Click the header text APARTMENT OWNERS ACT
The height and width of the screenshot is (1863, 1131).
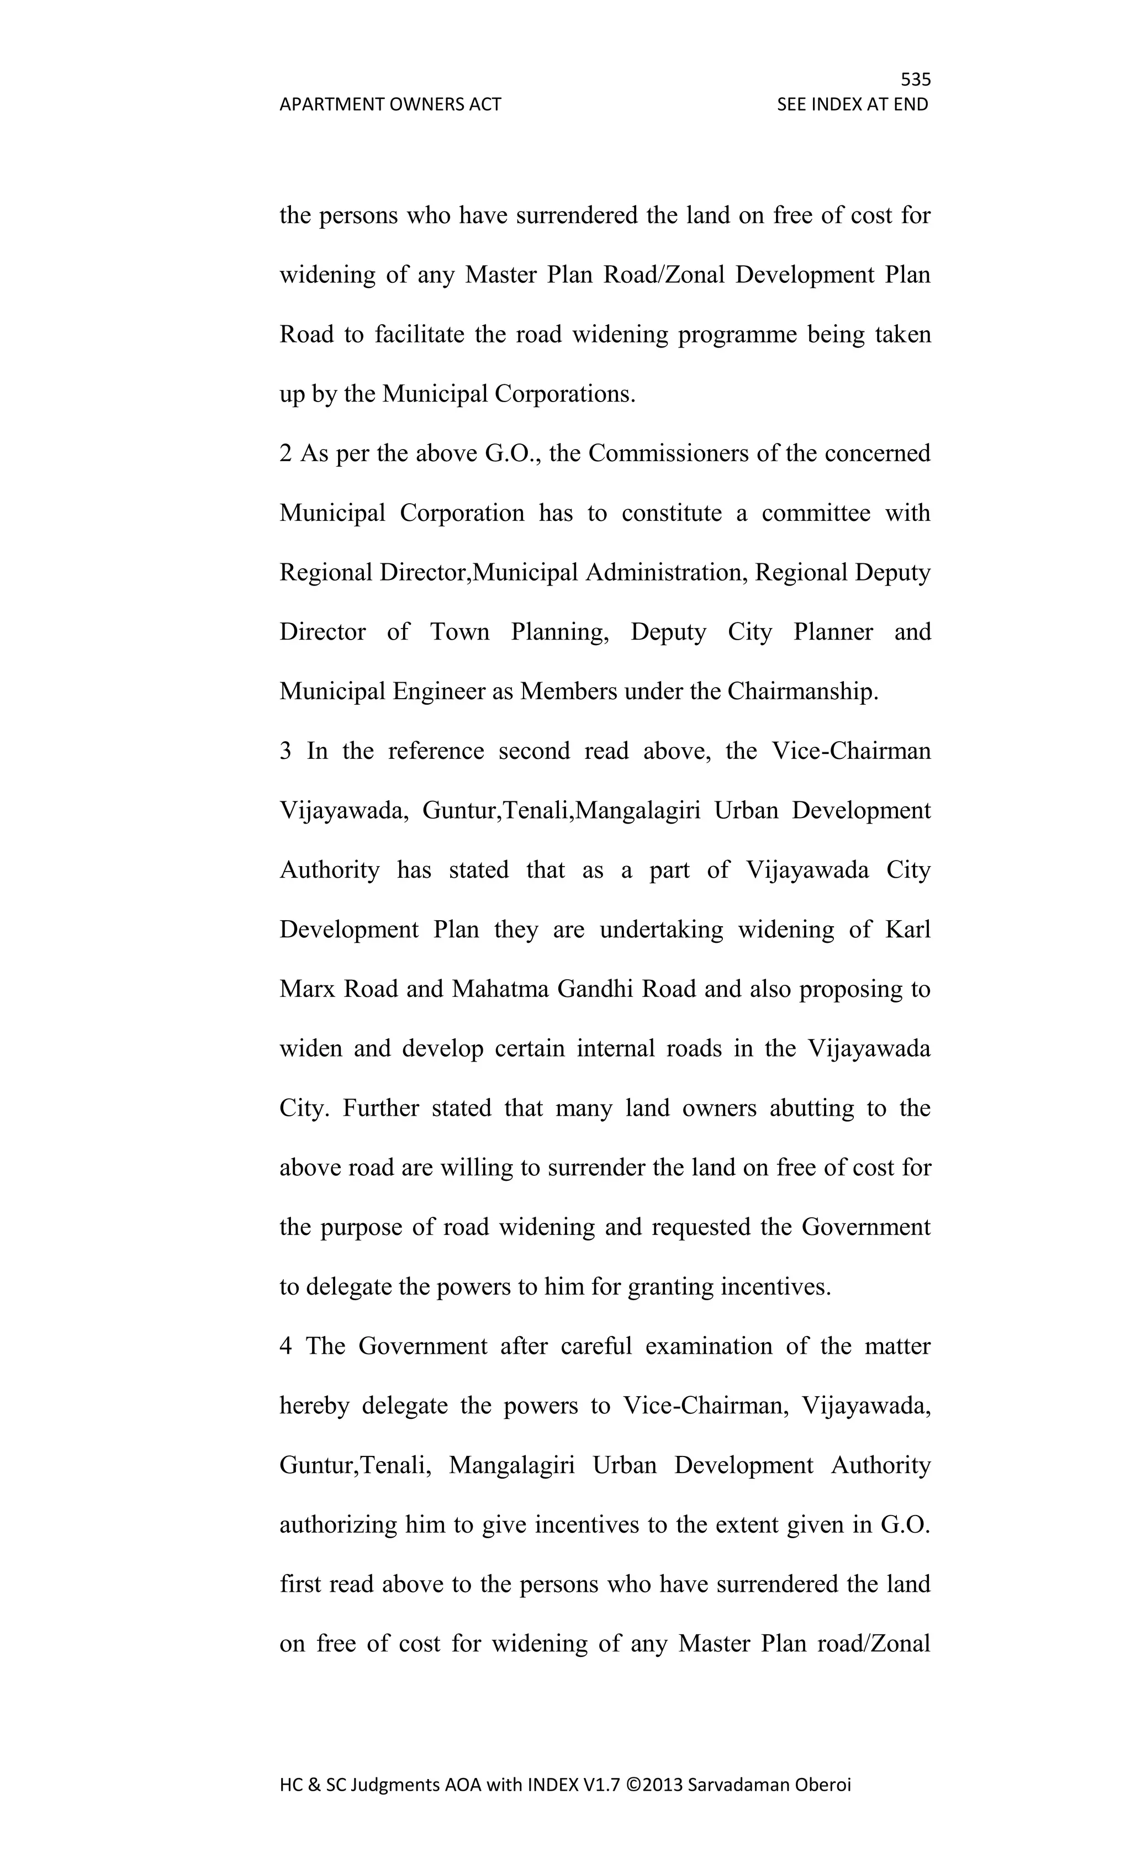click(390, 104)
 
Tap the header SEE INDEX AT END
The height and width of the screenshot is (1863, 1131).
click(852, 104)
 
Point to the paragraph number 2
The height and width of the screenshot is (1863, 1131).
click(285, 453)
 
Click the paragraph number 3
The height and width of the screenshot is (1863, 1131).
click(285, 751)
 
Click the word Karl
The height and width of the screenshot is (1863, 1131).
click(907, 929)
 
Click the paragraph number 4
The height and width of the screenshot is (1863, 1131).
click(285, 1346)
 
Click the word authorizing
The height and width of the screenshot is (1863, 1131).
click(338, 1524)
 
